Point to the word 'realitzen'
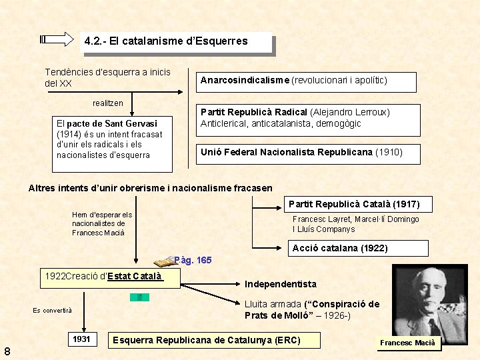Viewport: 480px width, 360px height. pos(107,103)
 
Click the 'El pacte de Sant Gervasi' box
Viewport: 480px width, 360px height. pos(113,139)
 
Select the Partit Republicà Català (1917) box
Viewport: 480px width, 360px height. pos(358,203)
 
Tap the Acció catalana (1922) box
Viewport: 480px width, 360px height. pos(340,248)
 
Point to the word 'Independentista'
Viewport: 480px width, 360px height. pos(281,284)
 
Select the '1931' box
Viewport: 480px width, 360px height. pos(81,339)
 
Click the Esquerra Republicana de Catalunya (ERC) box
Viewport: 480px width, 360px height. pos(207,341)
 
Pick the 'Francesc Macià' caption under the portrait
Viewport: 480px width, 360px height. pos(407,343)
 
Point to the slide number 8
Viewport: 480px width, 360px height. pos(6,351)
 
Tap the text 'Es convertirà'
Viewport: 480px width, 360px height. pos(52,310)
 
